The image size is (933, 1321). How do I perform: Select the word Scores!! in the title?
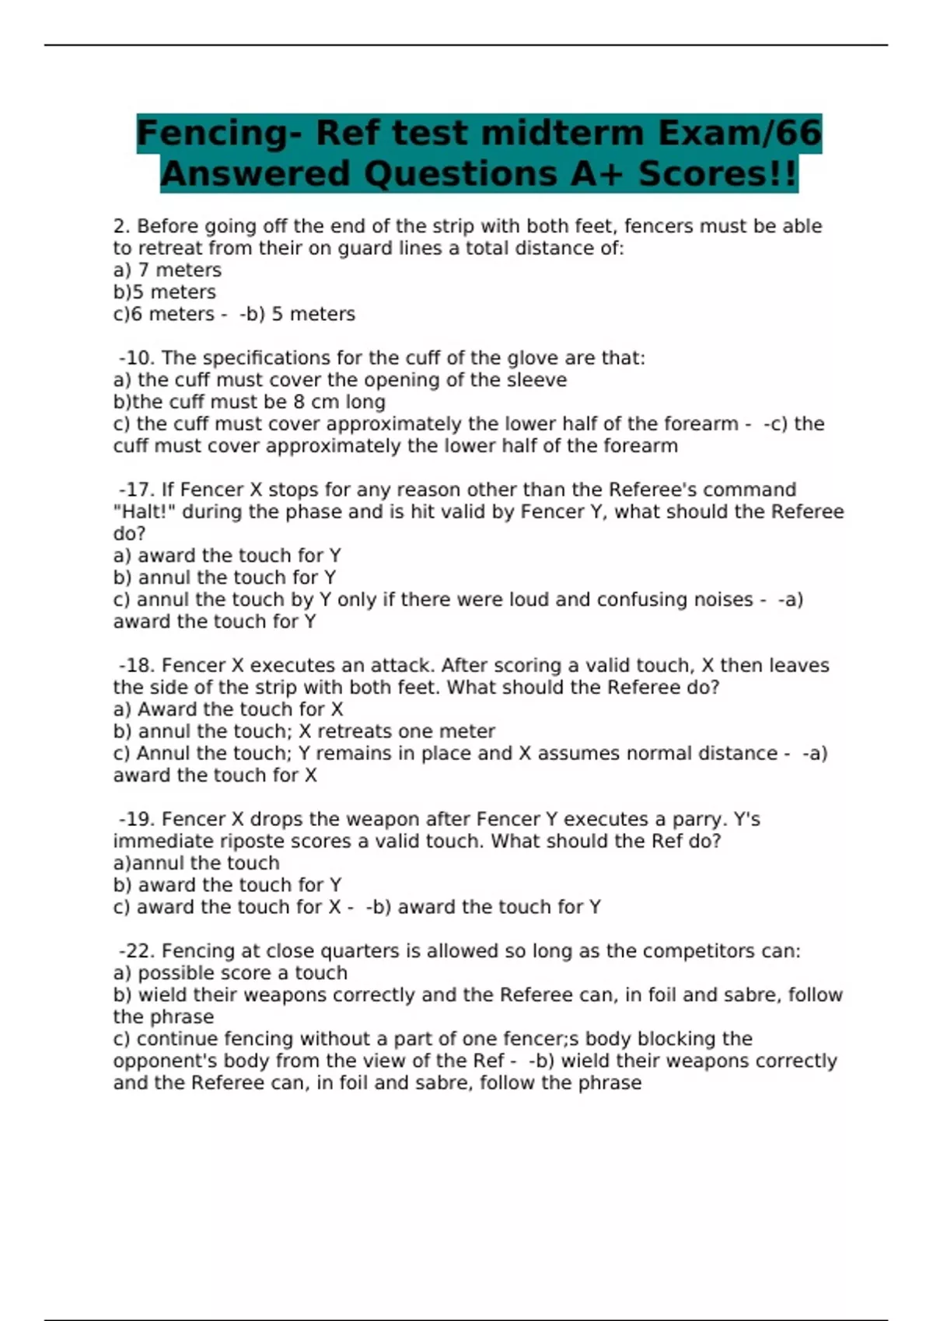(718, 174)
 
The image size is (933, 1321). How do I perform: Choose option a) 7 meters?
(167, 270)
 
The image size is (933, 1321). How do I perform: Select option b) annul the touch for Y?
(225, 578)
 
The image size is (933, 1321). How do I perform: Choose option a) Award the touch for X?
(228, 709)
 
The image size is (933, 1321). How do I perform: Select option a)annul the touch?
(196, 863)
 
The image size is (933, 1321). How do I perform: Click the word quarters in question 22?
(356, 951)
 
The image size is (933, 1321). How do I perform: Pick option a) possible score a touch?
(230, 973)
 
